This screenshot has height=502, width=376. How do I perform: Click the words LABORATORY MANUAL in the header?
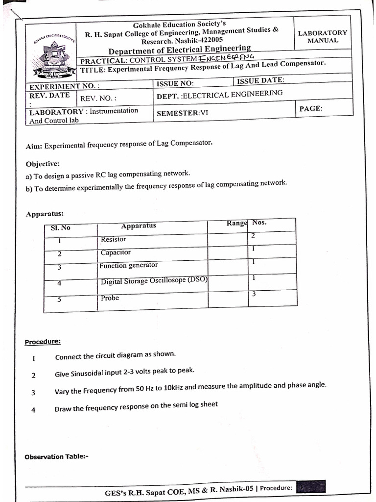click(x=322, y=37)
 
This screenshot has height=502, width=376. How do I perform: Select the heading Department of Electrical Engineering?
click(x=179, y=50)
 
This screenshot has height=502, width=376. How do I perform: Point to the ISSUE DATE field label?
click(x=260, y=81)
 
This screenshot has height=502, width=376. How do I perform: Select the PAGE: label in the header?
click(x=310, y=108)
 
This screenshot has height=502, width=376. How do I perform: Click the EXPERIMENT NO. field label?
click(x=65, y=87)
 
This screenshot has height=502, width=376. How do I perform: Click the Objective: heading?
click(x=43, y=164)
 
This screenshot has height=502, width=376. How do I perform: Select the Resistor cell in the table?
click(x=113, y=239)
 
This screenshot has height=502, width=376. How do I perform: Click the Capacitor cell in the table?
click(x=116, y=252)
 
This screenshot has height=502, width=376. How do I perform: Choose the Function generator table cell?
click(x=128, y=265)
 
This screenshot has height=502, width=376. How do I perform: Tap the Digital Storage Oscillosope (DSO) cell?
click(x=154, y=281)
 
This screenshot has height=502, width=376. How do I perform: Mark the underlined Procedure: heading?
click(x=43, y=342)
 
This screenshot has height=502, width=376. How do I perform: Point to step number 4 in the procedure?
click(x=33, y=410)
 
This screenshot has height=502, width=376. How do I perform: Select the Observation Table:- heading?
click(x=56, y=457)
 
